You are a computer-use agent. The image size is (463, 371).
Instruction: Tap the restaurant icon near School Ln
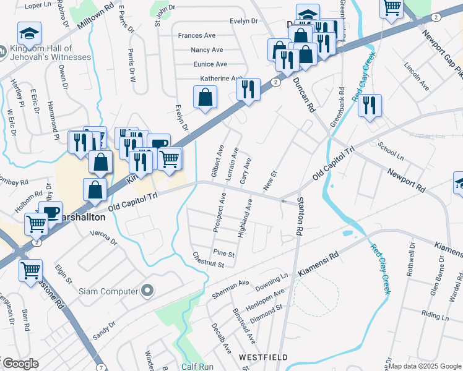click(370, 105)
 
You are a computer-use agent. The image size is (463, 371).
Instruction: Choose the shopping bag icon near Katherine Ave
click(205, 97)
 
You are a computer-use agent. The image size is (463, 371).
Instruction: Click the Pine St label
click(223, 254)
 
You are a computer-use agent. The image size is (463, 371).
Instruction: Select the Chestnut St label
click(207, 260)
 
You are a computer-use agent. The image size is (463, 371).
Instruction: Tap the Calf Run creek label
click(197, 367)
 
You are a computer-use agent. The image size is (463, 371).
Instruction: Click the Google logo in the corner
click(20, 364)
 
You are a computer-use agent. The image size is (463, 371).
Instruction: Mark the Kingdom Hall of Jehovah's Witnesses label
click(51, 53)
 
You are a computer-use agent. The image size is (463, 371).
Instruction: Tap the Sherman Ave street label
click(230, 285)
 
